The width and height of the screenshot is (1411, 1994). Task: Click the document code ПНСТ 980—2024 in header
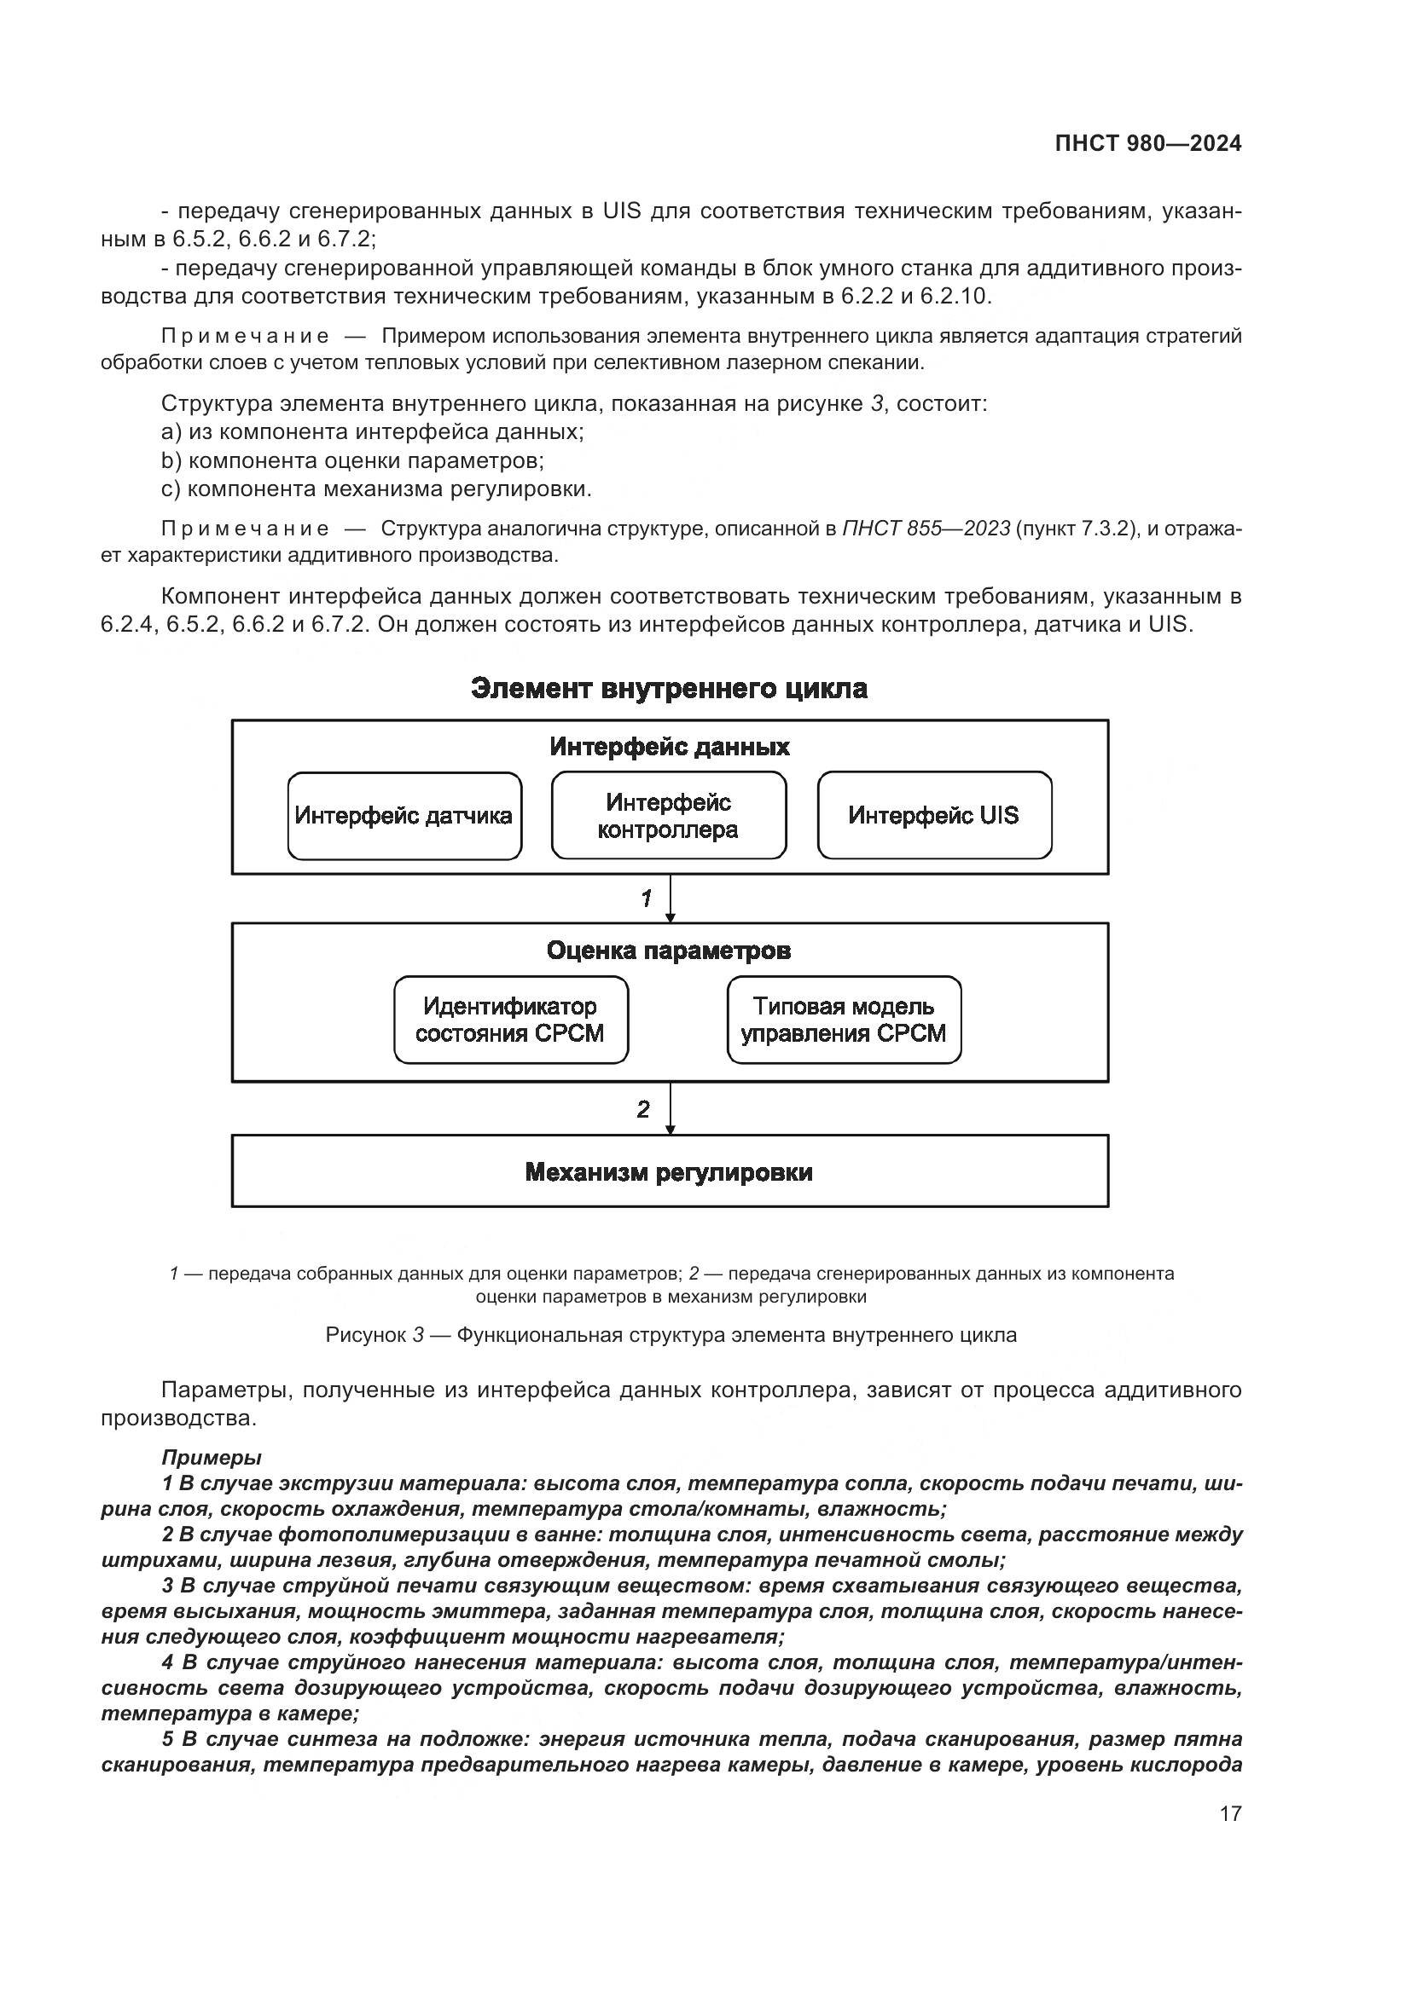[1147, 143]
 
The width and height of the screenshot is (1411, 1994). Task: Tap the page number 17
[1230, 1813]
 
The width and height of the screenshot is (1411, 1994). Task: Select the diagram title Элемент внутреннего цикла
[669, 689]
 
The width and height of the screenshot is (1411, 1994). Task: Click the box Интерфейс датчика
[404, 816]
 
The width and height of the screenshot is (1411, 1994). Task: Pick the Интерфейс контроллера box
[668, 816]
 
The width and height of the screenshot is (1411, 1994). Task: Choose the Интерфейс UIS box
[934, 816]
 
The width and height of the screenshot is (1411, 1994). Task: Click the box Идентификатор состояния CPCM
[510, 1020]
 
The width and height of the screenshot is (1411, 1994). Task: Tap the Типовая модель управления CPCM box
[844, 1020]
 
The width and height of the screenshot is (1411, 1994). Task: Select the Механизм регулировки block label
[669, 1172]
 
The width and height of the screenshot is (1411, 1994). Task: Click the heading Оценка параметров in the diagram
[669, 951]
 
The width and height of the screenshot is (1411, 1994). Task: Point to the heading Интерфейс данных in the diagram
[669, 747]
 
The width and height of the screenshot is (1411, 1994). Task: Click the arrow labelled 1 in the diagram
[670, 898]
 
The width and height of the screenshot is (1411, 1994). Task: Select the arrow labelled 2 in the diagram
[670, 1108]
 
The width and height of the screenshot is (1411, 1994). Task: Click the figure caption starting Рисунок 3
[671, 1335]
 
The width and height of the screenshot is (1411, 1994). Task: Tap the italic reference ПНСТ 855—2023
[926, 529]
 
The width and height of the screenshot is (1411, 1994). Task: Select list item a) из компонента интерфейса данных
[373, 431]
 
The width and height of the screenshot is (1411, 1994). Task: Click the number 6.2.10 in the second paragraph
[954, 296]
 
